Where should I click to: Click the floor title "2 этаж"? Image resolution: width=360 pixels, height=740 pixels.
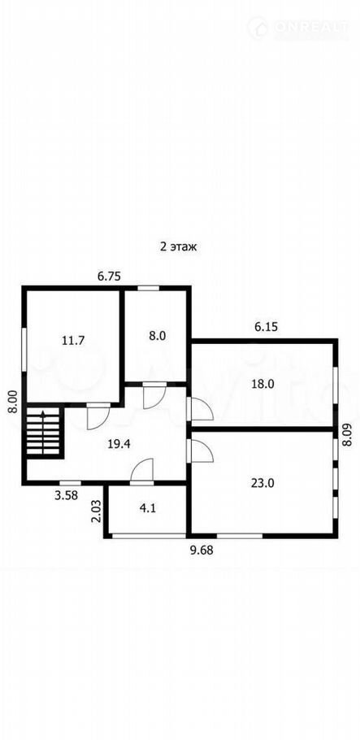coord(177,246)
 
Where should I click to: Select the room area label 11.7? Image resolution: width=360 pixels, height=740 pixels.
coord(73,340)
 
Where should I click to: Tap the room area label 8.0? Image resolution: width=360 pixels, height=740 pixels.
coord(157,336)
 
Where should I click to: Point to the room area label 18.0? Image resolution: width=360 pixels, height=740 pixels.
coord(262,384)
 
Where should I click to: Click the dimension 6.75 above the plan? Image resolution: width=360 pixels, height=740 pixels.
coord(109,276)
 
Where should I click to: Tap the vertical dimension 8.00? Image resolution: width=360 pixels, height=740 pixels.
coord(13,402)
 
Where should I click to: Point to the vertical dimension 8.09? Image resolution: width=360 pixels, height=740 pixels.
coord(348,436)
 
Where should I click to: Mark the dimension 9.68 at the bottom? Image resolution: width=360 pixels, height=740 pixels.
coord(202,550)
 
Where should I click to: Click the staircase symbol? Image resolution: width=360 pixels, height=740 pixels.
coord(43,432)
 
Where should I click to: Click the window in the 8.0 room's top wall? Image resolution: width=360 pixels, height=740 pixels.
coord(148,287)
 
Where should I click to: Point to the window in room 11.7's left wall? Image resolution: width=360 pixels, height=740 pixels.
coord(24,349)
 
